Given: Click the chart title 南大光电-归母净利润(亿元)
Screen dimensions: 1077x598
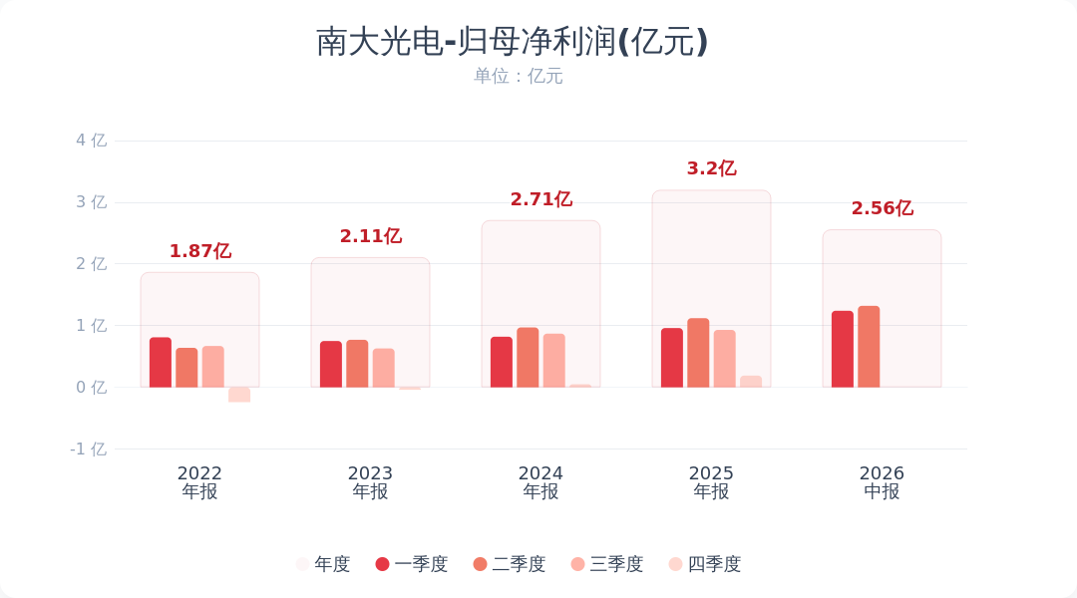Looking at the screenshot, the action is click(x=512, y=42).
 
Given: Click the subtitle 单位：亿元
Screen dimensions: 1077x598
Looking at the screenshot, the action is click(x=518, y=76).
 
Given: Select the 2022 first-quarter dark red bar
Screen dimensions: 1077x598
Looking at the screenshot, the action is click(x=161, y=363).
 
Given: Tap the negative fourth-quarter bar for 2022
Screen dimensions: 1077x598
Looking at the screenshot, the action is click(x=239, y=395).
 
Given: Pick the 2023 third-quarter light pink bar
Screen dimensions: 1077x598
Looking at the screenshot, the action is click(x=384, y=368).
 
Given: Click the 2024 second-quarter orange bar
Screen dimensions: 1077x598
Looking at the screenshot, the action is click(x=528, y=358).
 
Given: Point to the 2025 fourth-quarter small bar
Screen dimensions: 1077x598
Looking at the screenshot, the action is click(x=751, y=382).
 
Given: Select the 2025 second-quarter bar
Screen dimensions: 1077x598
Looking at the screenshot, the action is click(x=698, y=353).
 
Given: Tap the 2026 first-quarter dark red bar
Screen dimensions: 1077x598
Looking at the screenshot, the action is click(x=843, y=350).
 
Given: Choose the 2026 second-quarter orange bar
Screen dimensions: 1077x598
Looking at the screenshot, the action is click(x=869, y=347).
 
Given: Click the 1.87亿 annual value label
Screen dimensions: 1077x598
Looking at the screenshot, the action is click(x=200, y=251).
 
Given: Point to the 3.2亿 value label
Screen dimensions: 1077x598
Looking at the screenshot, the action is click(x=712, y=168).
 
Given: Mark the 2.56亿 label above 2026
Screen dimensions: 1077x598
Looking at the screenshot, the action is click(x=883, y=208).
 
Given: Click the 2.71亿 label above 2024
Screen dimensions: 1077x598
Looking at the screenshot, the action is click(x=541, y=199).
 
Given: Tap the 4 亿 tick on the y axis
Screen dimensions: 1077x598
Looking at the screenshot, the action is click(x=92, y=141).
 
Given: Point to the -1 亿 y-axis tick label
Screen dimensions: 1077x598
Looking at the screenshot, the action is click(x=89, y=449).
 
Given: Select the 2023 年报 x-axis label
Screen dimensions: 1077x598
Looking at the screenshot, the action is click(x=370, y=482).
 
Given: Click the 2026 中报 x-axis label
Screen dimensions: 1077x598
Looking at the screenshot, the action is click(x=882, y=482).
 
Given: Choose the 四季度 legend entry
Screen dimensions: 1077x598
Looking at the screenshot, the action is click(x=705, y=564).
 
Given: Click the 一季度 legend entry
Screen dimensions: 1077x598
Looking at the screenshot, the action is click(x=412, y=564).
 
